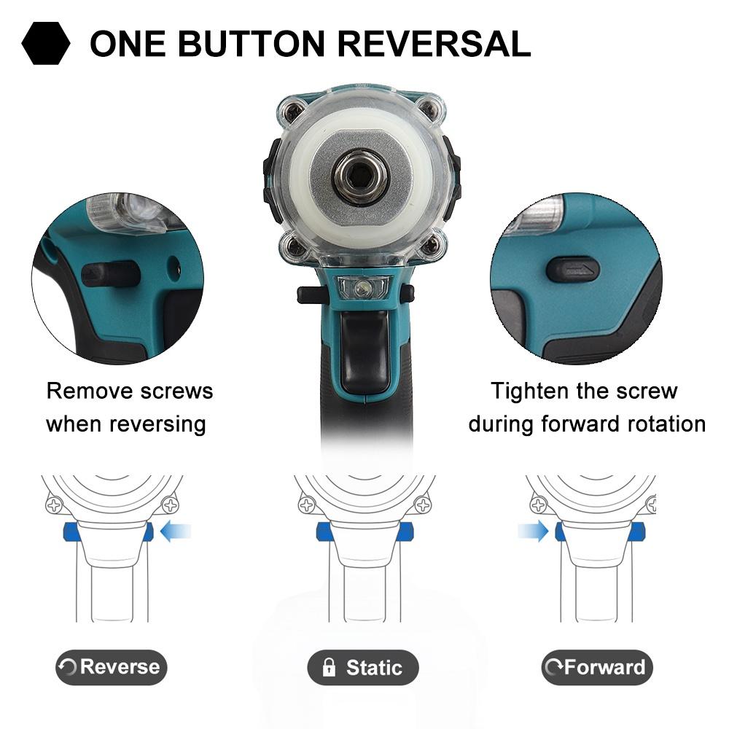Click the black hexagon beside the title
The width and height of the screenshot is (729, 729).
pyautogui.click(x=45, y=43)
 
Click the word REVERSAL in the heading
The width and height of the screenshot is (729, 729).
pyautogui.click(x=434, y=44)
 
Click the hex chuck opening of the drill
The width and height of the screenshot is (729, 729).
pyautogui.click(x=357, y=176)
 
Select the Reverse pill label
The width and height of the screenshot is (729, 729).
pyautogui.click(x=111, y=667)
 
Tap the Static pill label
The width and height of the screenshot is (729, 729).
pyautogui.click(x=362, y=668)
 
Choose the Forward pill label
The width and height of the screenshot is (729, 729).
pyautogui.click(x=597, y=667)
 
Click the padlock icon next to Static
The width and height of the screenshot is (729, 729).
pyautogui.click(x=329, y=667)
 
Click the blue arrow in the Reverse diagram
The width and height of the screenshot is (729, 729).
pyautogui.click(x=175, y=531)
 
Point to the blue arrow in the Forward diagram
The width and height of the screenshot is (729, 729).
pyautogui.click(x=534, y=531)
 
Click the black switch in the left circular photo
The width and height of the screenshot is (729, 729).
pyautogui.click(x=111, y=274)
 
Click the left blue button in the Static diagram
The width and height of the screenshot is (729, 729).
pyautogui.click(x=326, y=531)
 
